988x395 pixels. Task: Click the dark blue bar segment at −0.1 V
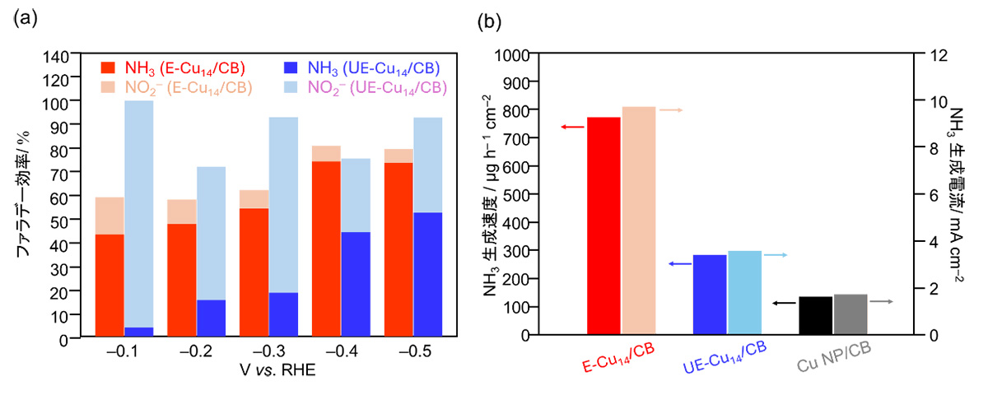pos(139,332)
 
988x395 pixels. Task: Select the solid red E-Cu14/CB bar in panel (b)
pos(604,226)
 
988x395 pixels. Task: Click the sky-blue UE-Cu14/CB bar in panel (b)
pos(744,292)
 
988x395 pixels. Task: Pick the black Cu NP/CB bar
pos(815,315)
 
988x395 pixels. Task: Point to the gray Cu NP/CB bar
pos(851,314)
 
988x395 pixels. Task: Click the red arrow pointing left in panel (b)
pos(572,127)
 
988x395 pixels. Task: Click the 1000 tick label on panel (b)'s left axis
pos(511,55)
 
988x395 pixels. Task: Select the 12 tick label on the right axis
pos(933,55)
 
